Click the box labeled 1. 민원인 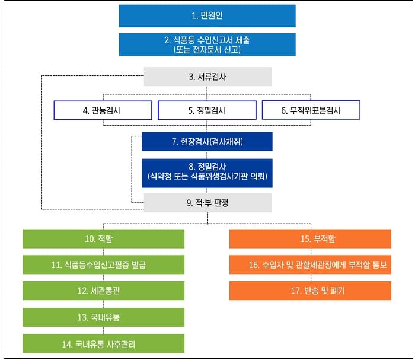pos(207,15)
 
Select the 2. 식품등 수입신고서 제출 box pos(207,44)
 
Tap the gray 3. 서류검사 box pos(207,77)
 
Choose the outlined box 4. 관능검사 pos(103,110)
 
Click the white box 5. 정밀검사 pos(207,110)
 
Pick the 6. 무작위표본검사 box pos(311,110)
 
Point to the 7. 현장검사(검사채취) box pos(207,142)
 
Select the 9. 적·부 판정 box pos(207,203)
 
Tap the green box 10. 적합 pos(104,238)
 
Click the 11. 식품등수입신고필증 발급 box pos(104,265)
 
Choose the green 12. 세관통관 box pos(104,291)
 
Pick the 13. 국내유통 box pos(104,317)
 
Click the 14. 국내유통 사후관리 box pos(104,344)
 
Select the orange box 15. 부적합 pos(310,238)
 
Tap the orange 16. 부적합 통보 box pos(310,265)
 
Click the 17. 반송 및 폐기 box pos(310,291)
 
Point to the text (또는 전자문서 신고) pos(207,50)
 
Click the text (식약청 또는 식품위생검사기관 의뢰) pos(207,177)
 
